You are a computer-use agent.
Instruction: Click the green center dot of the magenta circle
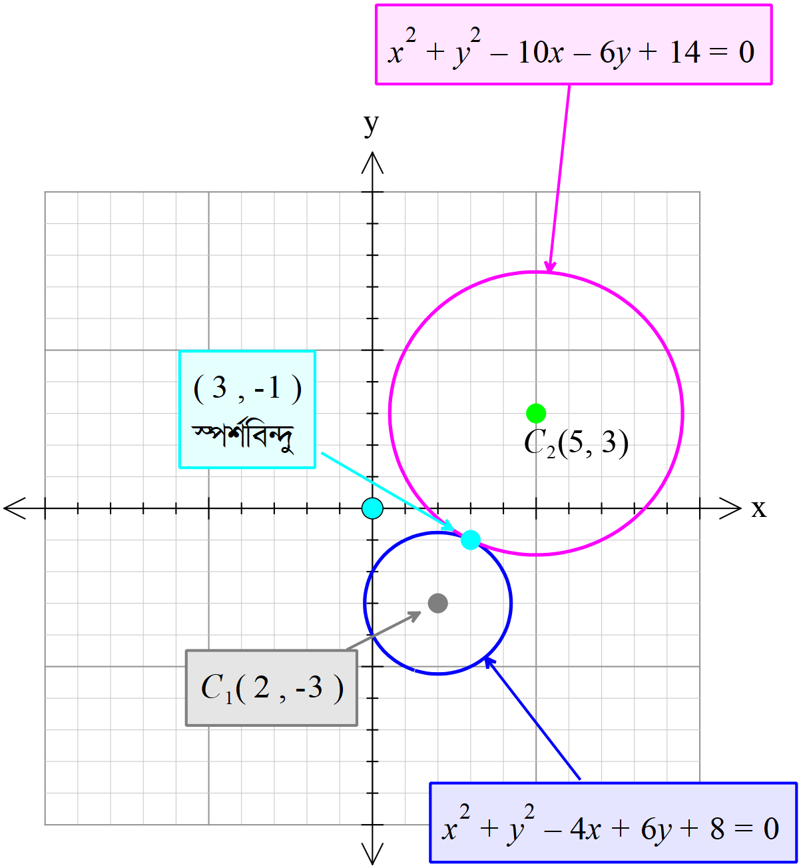pos(536,413)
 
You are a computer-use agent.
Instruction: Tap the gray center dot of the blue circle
pos(437,603)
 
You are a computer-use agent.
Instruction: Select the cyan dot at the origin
pos(372,508)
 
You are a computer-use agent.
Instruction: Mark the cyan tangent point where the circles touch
pos(470,540)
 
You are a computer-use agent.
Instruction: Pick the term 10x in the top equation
pos(540,52)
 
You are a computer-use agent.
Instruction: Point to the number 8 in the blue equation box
pos(717,829)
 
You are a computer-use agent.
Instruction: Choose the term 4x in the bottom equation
pos(586,829)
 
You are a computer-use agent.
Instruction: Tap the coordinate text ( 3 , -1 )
pos(247,388)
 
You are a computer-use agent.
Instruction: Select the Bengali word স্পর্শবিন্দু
pos(244,436)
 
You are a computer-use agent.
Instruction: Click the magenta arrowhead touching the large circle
pos(549,266)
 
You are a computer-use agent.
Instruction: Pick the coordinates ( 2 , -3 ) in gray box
pos(290,687)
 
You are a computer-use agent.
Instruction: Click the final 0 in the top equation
pos(746,52)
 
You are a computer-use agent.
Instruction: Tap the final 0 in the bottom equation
pos(771,829)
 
